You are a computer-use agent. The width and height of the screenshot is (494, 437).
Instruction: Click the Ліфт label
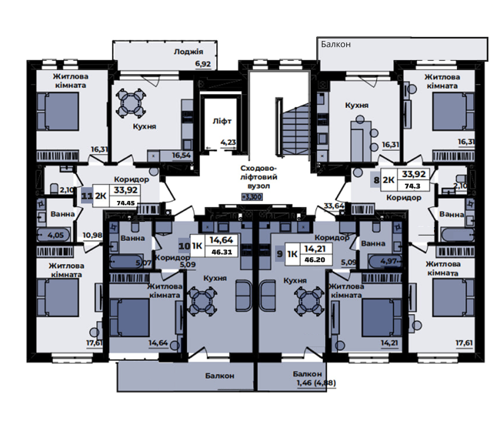pos(222,121)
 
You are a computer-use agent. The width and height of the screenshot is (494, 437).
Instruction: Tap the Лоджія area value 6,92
pos(203,64)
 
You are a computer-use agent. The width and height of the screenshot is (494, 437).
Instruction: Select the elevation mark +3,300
pos(252,197)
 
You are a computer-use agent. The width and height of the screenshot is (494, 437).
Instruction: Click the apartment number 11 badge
pos(87,196)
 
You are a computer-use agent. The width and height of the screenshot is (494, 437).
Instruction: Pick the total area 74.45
pos(126,203)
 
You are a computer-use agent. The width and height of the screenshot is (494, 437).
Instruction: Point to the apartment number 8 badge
pos(376,180)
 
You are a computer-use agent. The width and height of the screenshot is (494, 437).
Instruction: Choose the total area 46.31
pos(222,252)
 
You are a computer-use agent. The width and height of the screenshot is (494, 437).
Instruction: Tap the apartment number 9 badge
pos(279,254)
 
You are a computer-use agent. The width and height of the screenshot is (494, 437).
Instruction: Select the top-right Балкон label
pos(336,45)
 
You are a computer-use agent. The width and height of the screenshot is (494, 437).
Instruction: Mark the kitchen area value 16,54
pos(181,155)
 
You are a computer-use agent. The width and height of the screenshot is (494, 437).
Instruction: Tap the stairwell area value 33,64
pos(334,206)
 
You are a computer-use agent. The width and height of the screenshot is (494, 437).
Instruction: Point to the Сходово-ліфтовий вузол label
pos(258,177)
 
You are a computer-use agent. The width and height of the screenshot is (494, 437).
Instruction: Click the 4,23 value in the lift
pos(228,142)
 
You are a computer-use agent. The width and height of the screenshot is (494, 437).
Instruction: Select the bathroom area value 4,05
pos(56,235)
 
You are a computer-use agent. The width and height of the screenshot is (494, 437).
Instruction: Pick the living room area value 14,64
pos(158,343)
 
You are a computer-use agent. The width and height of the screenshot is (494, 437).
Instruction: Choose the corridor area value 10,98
pos(92,235)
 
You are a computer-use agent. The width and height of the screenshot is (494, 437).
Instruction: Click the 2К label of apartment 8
pos(389,180)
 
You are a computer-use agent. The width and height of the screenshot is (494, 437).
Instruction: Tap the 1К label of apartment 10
pos(197,245)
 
